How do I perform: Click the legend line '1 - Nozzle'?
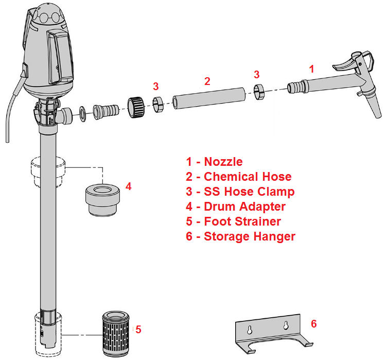(214, 162)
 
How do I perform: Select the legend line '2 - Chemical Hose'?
(239, 177)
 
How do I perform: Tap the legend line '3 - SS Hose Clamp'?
(240, 192)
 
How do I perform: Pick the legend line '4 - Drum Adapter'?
(236, 207)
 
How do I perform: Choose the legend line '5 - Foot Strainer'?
(234, 221)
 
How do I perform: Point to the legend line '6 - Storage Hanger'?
(241, 236)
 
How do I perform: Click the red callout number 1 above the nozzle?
(311, 67)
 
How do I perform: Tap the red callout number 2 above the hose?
(207, 81)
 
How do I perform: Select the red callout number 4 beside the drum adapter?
(129, 186)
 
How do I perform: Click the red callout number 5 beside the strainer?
(138, 329)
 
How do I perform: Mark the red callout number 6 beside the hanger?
(313, 323)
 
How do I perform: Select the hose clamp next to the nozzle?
(260, 91)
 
